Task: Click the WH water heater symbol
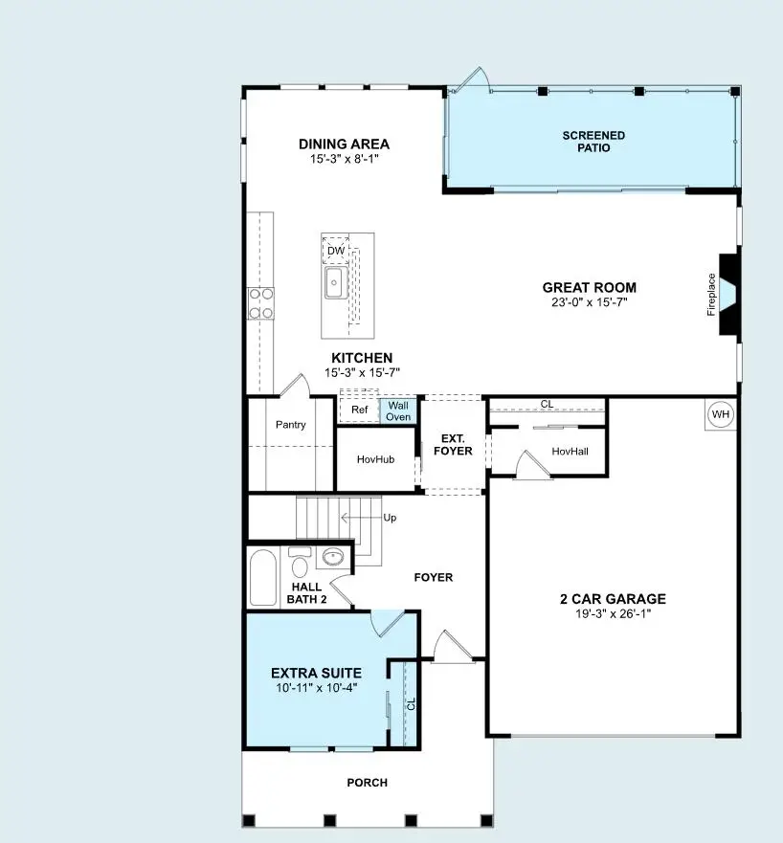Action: pos(720,415)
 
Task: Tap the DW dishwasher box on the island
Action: pos(335,252)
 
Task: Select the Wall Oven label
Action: pos(398,410)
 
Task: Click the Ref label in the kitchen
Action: pos(360,410)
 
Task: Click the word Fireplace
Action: pos(711,295)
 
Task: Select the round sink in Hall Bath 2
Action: pos(332,557)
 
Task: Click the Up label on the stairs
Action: pos(390,518)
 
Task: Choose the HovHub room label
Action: pos(375,459)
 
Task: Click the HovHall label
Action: pos(570,451)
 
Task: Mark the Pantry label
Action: pos(290,425)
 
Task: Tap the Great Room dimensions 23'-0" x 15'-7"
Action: pos(589,302)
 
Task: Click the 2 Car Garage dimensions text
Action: pos(613,614)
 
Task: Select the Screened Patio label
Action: pos(593,142)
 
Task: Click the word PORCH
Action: pos(367,783)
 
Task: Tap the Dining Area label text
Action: pos(344,144)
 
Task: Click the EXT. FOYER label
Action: pos(452,445)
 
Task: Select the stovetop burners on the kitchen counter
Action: pos(260,302)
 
